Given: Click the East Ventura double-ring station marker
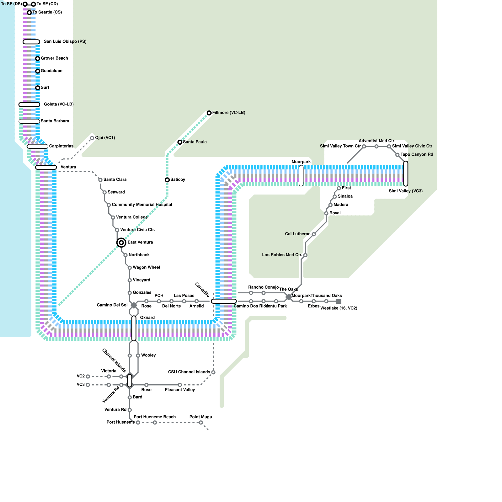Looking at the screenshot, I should click(121, 243).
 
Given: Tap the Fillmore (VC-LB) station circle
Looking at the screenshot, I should click(209, 113).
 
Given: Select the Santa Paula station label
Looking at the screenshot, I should click(195, 142).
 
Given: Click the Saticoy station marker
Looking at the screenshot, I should click(167, 180).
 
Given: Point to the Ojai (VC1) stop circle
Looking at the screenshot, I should click(92, 138).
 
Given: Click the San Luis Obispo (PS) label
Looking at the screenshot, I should click(65, 41).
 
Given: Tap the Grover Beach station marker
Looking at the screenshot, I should click(38, 59).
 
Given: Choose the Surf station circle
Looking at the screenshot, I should click(38, 88).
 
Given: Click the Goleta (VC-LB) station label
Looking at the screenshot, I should click(58, 104).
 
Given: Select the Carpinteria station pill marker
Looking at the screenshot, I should click(38, 147).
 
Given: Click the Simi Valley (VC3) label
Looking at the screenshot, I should click(405, 191).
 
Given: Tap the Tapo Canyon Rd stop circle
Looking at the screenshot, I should click(397, 155).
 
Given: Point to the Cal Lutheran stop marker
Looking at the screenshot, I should click(314, 234).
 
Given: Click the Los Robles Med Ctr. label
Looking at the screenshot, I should click(282, 255).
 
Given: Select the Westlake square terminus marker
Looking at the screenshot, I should click(339, 301).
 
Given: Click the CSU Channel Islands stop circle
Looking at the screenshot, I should click(213, 372).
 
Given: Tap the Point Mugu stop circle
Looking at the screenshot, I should click(201, 423).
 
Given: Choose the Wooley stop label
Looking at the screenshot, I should click(148, 355).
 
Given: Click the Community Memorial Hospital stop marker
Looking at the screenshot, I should click(109, 205).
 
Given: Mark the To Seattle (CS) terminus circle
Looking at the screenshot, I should click(29, 13).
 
